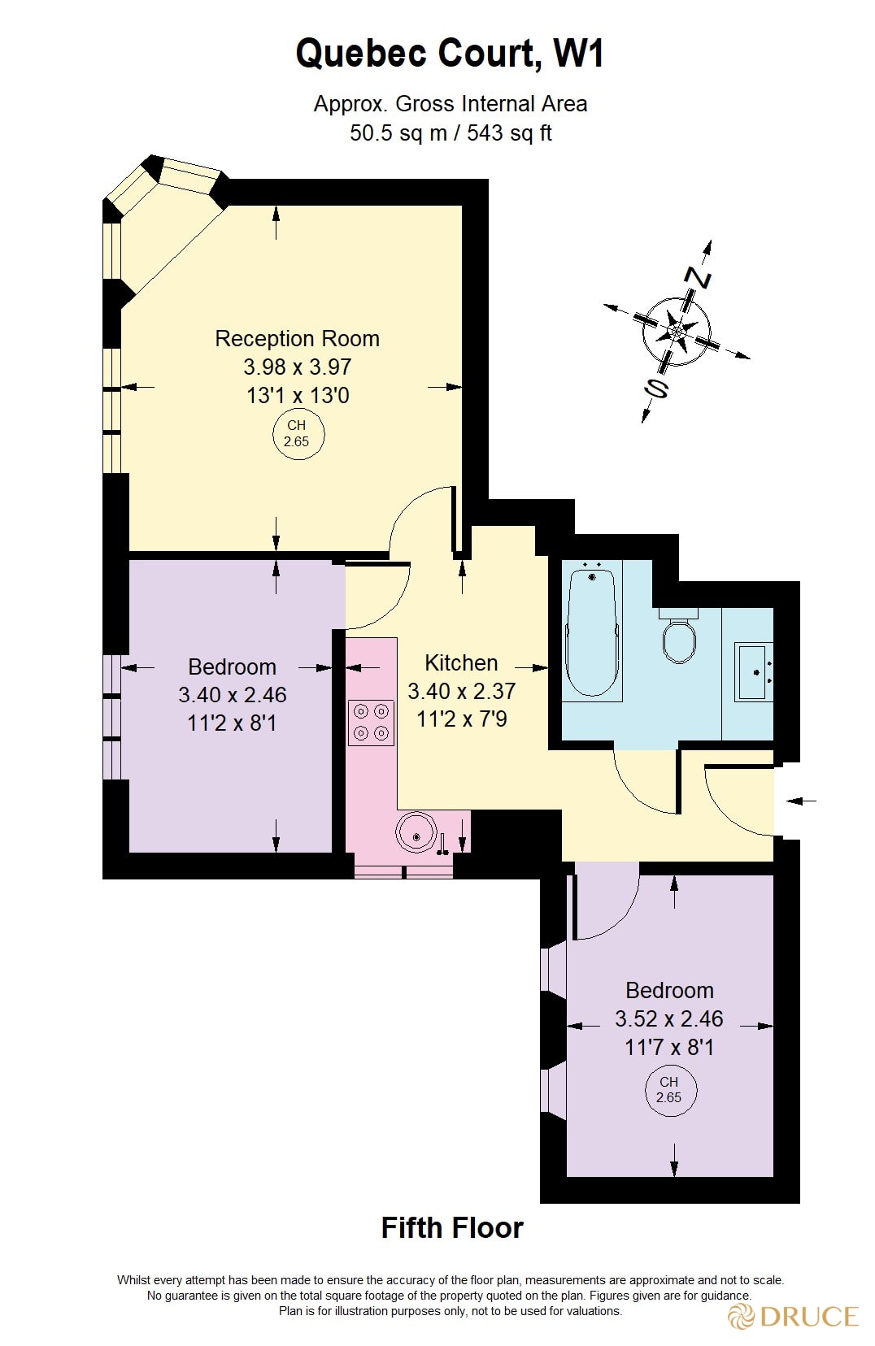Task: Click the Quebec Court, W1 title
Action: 450,54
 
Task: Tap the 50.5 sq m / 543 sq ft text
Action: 451,132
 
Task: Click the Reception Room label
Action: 297,338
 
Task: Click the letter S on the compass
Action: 655,389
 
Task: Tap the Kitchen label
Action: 461,662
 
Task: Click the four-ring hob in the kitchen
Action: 371,722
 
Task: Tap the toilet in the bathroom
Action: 678,638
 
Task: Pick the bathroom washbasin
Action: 754,671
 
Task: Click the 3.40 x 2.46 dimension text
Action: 233,695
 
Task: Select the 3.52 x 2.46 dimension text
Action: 668,1018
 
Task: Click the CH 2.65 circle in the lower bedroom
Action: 669,1090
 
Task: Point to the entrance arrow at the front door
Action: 802,801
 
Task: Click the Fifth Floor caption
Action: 452,1227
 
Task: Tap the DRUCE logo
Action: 794,1316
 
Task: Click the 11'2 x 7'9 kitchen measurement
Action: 461,719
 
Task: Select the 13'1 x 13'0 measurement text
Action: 297,396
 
